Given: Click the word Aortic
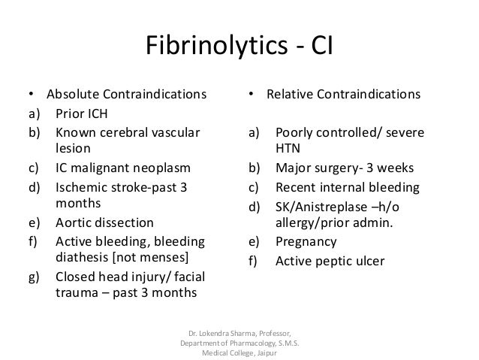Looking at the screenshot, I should [74, 223].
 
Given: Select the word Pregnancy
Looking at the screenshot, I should [306, 242].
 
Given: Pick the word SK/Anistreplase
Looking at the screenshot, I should [322, 205].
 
